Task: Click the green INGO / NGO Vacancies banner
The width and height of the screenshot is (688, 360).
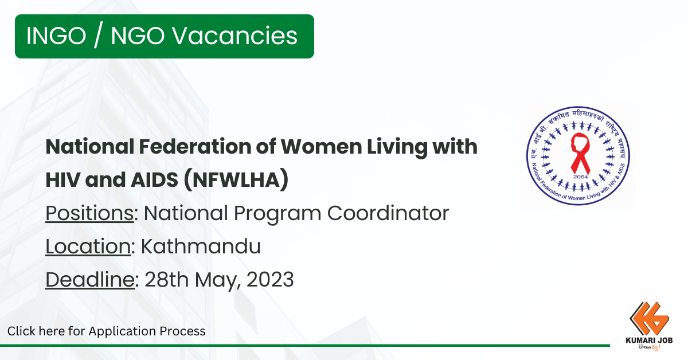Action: click(165, 36)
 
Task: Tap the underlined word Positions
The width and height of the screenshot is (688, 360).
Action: click(89, 213)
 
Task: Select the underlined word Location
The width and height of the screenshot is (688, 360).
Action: click(88, 246)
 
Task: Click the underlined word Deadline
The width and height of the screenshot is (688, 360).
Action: click(90, 280)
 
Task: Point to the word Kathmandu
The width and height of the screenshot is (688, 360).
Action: click(201, 246)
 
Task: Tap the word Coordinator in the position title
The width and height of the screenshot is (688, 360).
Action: click(388, 213)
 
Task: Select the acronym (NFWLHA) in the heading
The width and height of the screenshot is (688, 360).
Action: click(236, 179)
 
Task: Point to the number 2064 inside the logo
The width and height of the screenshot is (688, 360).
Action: click(580, 177)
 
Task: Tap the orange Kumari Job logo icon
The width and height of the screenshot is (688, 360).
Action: click(648, 319)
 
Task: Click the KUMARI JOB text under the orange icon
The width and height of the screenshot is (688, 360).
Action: click(649, 341)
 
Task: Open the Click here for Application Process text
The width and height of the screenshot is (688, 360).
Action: click(106, 331)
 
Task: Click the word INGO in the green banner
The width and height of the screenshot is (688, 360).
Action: click(56, 36)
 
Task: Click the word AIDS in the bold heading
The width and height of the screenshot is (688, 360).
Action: click(154, 180)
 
